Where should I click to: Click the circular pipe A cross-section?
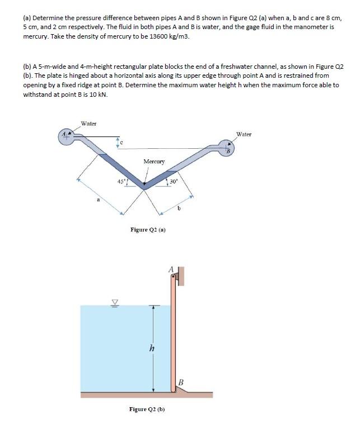67,136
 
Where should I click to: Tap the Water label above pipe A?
88,123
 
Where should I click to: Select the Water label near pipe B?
244,134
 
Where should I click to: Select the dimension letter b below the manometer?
179,209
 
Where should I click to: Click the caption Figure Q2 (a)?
148,229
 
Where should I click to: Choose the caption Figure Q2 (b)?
147,409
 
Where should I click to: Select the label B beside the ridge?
180,382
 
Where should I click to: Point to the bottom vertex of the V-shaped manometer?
144,188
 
